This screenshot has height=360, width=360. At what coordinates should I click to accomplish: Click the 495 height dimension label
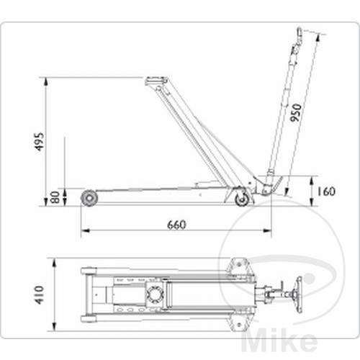click(40, 144)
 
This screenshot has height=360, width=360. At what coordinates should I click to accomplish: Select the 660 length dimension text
click(176, 225)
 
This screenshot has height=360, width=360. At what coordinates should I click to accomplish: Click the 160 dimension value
click(325, 192)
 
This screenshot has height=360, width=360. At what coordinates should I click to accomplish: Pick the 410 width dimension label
click(40, 294)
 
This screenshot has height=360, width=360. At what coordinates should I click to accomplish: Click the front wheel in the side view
click(89, 197)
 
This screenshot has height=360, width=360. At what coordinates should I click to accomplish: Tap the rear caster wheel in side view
click(243, 199)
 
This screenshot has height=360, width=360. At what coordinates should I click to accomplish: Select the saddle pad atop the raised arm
click(155, 81)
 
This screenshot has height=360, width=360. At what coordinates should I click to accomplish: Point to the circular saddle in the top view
click(153, 294)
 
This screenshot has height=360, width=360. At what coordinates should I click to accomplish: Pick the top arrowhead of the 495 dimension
click(46, 80)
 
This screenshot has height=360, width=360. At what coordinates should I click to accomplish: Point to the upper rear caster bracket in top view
click(237, 269)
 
